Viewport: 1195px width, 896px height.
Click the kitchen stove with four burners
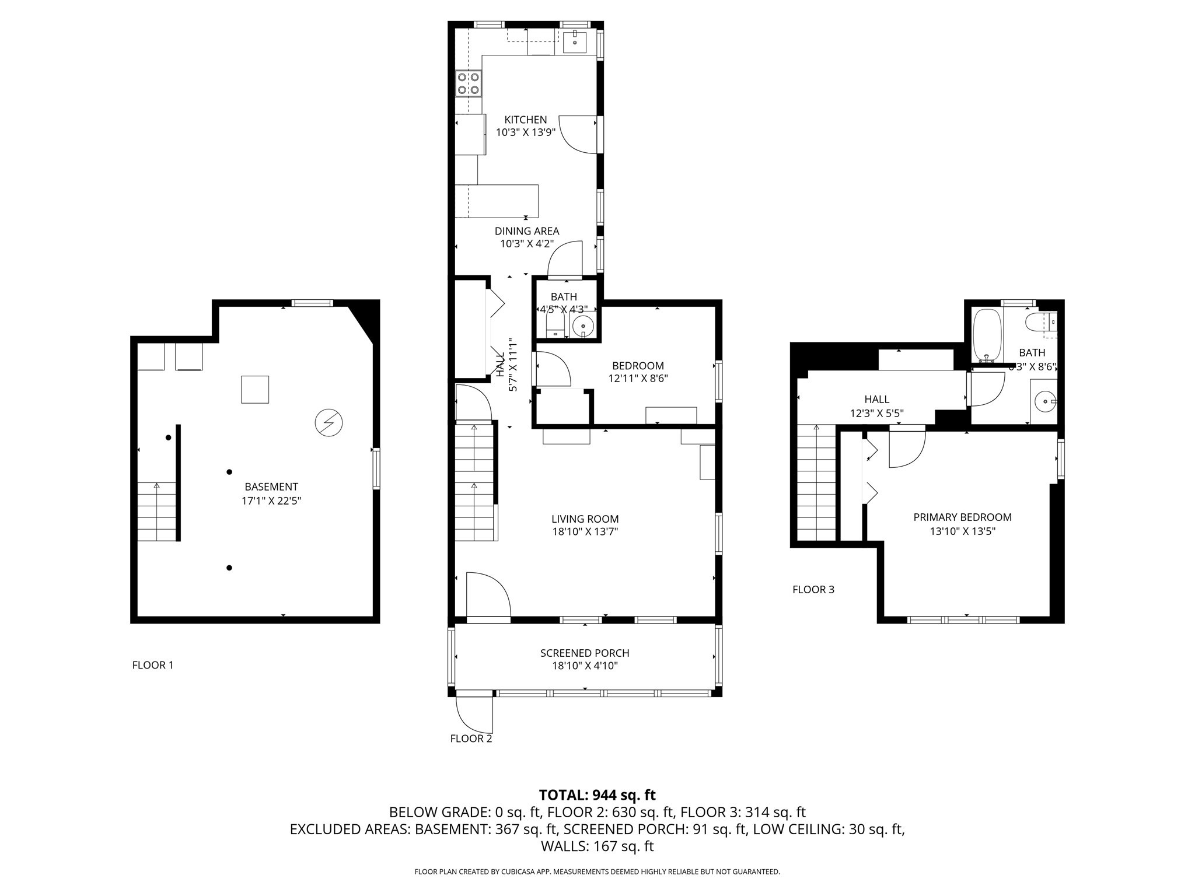pyautogui.click(x=469, y=83)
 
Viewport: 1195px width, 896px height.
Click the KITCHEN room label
pyautogui.click(x=525, y=120)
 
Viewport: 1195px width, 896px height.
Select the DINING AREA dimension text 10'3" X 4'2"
pyautogui.click(x=526, y=244)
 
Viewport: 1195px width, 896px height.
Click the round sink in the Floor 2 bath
pyautogui.click(x=583, y=325)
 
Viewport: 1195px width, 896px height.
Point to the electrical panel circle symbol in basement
pyautogui.click(x=329, y=423)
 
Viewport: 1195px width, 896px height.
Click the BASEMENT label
pyautogui.click(x=271, y=487)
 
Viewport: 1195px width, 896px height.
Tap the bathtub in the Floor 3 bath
pyautogui.click(x=987, y=335)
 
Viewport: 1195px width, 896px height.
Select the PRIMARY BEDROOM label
pyautogui.click(x=962, y=517)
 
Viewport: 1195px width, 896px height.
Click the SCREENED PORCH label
pyautogui.click(x=585, y=653)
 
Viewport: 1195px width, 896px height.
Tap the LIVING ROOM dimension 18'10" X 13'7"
pyautogui.click(x=585, y=531)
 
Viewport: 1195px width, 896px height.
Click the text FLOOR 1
pyautogui.click(x=153, y=665)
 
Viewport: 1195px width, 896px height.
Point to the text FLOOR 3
pyautogui.click(x=813, y=590)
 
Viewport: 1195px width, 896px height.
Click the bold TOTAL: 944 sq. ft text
pyautogui.click(x=597, y=795)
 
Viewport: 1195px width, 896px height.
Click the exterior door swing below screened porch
pyautogui.click(x=474, y=715)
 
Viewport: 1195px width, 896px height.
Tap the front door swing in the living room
pyautogui.click(x=488, y=595)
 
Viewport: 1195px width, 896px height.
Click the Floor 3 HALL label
pyautogui.click(x=876, y=400)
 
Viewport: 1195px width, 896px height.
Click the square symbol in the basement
pyautogui.click(x=255, y=390)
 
